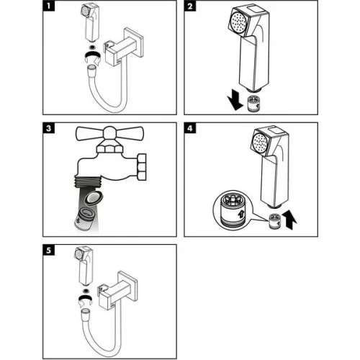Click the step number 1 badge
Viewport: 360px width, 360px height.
pos(49,6)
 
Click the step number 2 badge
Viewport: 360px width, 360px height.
pos(190,6)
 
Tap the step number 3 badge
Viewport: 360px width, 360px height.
pos(49,128)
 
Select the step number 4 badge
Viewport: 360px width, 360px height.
pos(190,128)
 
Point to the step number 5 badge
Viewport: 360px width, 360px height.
pos(49,250)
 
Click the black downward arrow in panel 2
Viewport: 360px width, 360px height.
pos(235,102)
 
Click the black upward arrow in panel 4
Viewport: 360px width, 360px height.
pos(289,220)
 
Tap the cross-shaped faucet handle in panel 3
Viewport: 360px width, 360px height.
pos(109,135)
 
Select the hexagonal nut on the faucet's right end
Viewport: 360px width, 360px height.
pos(142,167)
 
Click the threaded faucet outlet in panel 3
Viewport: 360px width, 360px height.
pos(88,181)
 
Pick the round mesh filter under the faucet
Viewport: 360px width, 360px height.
pos(94,198)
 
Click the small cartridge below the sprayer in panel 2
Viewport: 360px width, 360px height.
pos(254,104)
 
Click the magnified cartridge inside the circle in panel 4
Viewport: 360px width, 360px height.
pos(233,210)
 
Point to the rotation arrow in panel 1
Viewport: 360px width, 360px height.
pos(93,58)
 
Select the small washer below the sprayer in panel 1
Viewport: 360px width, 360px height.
pos(91,47)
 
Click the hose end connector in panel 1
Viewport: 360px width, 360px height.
pos(91,70)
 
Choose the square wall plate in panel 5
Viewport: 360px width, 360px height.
pos(129,287)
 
